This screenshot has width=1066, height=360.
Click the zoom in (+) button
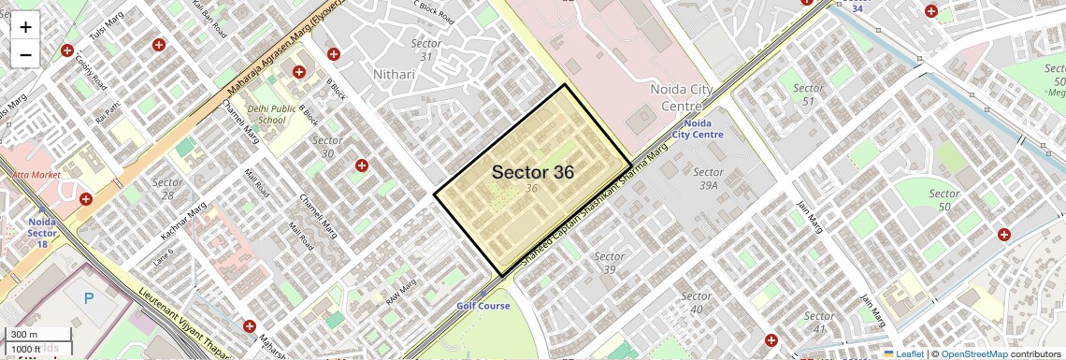coord(25,27)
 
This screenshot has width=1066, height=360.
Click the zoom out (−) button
coord(25,55)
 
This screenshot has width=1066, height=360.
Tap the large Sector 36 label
coord(532,172)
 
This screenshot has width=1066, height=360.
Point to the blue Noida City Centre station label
coord(698,129)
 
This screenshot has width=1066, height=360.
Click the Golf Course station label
coord(483,306)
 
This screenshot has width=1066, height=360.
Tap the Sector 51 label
coord(808,94)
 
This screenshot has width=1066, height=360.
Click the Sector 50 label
coord(944,199)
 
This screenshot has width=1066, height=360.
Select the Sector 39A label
coord(708,179)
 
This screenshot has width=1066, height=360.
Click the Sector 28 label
coord(167,189)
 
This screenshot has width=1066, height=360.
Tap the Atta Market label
coord(36,175)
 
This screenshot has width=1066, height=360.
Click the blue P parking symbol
coord(90,299)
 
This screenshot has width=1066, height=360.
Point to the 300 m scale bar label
coord(25,335)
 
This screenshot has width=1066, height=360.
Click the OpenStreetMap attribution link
coord(973,353)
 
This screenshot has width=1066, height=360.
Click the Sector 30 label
coord(327,147)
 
